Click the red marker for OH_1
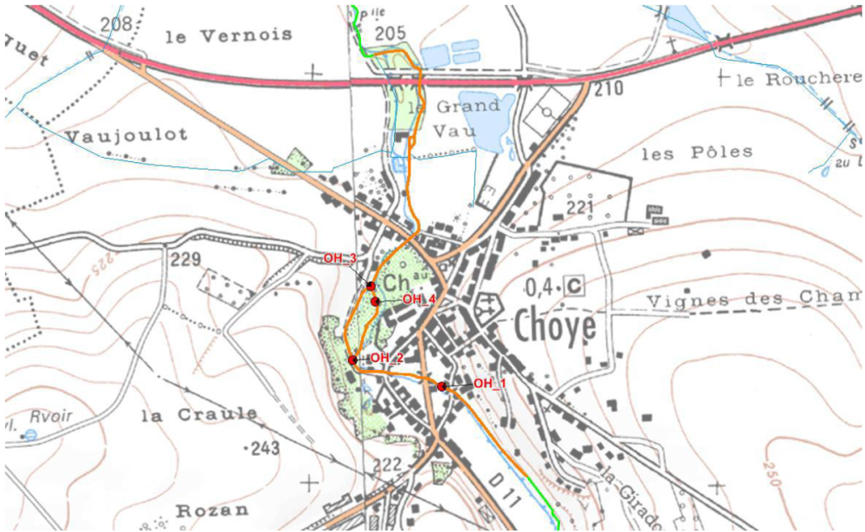click(442, 386)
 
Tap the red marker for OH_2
click(352, 360)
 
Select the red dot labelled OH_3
click(371, 285)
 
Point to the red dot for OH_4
click(375, 301)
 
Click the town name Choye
click(555, 328)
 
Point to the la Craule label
click(198, 414)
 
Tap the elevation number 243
click(263, 449)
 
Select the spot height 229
click(185, 258)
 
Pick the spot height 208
click(116, 23)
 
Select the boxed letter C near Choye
click(572, 285)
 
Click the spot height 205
click(391, 33)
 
